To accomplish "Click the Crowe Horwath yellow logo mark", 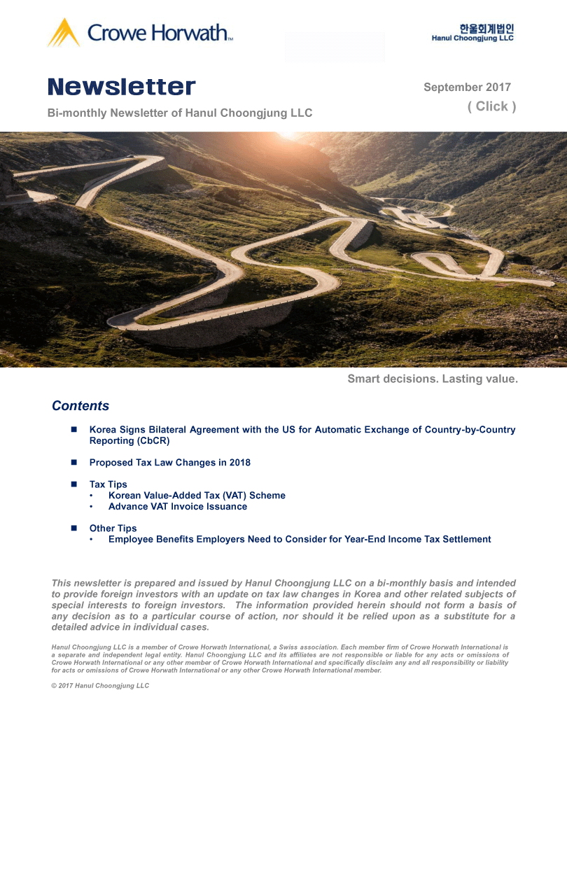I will (64, 32).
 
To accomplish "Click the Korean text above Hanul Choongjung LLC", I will (486, 29).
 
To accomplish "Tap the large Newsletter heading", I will (122, 87).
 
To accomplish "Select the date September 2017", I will (467, 87).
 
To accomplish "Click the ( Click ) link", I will (491, 106).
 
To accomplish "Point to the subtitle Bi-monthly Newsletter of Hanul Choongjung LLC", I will (180, 113).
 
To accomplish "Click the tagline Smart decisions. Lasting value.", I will (433, 379).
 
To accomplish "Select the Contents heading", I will (80, 406).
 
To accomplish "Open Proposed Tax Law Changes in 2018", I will (169, 463).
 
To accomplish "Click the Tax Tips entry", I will (108, 484).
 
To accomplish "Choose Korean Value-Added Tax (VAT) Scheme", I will (197, 496).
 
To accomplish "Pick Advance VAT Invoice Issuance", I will (178, 507).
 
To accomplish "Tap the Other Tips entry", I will (113, 528).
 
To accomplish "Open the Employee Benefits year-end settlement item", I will (300, 540).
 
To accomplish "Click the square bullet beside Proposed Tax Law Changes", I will (73, 463).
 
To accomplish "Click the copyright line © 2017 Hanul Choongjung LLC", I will (100, 686).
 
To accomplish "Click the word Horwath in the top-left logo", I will (192, 32).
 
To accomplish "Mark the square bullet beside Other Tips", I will (73, 528).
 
